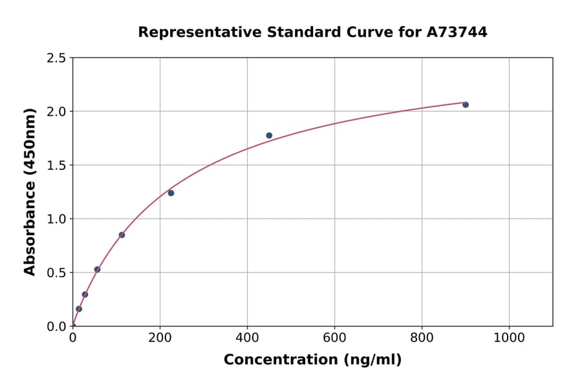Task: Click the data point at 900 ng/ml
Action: click(x=466, y=105)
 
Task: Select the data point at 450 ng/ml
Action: click(x=269, y=136)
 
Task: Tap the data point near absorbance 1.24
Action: click(x=171, y=193)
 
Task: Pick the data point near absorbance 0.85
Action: click(x=122, y=235)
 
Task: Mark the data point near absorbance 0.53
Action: click(x=97, y=270)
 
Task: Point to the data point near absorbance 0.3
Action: click(x=85, y=294)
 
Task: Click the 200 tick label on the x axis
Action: click(x=160, y=337)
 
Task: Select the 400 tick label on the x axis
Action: click(x=247, y=337)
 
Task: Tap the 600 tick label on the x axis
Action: click(x=334, y=337)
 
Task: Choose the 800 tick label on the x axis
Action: click(x=422, y=337)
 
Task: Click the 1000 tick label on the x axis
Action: click(x=509, y=337)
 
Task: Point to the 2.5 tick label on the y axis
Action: click(x=56, y=58)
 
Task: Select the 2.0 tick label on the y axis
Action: click(x=56, y=112)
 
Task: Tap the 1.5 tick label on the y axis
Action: click(x=56, y=165)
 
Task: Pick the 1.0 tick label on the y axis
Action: click(x=56, y=219)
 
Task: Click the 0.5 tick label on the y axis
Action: click(x=56, y=273)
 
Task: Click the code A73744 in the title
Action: click(x=457, y=32)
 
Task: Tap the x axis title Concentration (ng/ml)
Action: click(x=312, y=360)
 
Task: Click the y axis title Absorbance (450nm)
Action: click(x=30, y=192)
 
